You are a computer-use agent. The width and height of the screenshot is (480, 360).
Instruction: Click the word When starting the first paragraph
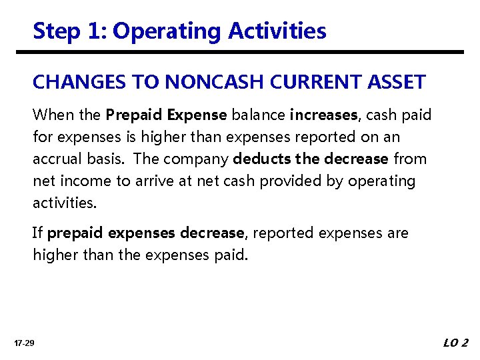(x=53, y=115)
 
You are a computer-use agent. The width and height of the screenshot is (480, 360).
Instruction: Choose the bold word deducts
(x=259, y=159)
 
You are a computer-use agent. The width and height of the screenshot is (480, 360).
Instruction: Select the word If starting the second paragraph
(x=37, y=233)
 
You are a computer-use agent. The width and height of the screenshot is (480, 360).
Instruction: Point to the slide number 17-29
(x=25, y=343)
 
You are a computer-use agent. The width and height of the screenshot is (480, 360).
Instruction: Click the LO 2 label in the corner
(x=455, y=343)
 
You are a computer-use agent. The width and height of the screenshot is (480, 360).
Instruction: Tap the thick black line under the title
(x=248, y=52)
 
